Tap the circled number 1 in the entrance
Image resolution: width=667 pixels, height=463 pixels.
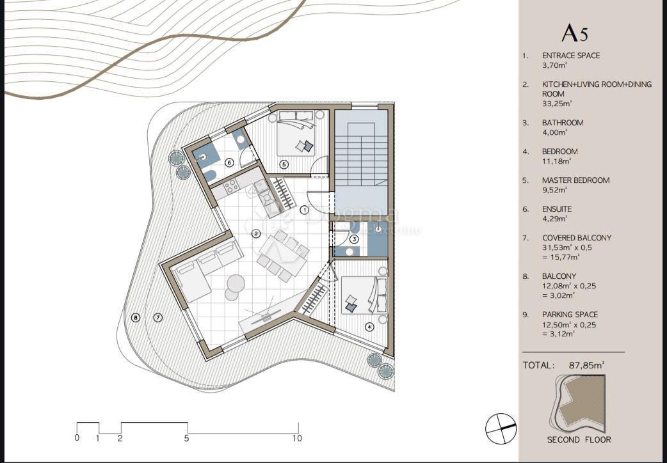305,209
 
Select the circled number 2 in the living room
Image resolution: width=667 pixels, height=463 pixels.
256,233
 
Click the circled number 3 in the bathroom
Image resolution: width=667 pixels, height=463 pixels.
354,239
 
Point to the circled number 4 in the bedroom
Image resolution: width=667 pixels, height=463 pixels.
369,326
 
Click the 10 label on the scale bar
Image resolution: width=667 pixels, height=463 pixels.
297,439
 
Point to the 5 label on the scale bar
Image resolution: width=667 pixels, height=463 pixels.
187,439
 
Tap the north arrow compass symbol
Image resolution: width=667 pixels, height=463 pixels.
501,428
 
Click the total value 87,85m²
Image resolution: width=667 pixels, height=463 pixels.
586,365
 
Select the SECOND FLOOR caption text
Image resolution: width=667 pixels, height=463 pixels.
579,439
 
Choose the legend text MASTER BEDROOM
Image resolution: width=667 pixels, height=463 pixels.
575,180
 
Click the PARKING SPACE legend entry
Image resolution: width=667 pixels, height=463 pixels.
570,315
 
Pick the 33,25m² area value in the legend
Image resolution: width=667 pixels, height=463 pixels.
555,104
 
